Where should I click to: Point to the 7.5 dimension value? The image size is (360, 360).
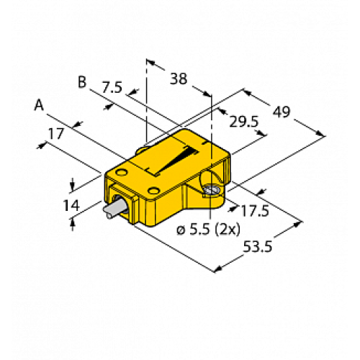[x=112, y=88]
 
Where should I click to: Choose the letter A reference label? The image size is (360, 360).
[x=40, y=106]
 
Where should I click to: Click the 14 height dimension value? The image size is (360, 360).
[x=71, y=205]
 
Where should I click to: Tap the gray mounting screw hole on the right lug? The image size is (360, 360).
[x=210, y=190]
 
